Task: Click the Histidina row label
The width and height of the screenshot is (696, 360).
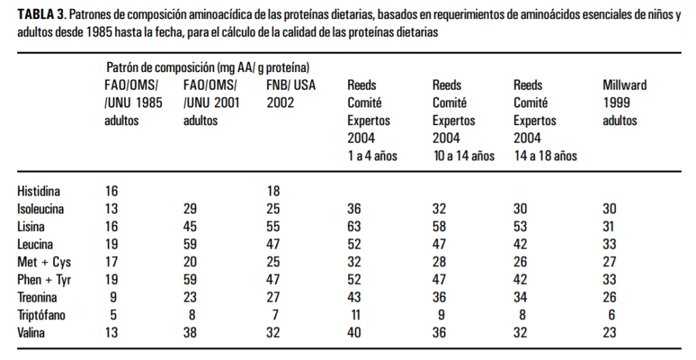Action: [39, 192]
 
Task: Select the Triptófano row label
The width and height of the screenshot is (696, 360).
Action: [41, 315]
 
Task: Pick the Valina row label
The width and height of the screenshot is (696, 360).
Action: [33, 333]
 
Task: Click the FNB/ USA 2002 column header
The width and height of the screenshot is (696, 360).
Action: [291, 94]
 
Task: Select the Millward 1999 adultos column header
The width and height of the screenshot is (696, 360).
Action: [624, 103]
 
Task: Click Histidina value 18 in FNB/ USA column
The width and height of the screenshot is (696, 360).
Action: [273, 192]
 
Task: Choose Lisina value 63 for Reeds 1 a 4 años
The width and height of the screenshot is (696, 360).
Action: [355, 227]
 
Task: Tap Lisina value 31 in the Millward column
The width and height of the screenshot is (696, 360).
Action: [610, 227]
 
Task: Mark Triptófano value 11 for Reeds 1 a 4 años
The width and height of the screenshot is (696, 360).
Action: [355, 315]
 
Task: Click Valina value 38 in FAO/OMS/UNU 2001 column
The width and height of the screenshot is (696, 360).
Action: [191, 333]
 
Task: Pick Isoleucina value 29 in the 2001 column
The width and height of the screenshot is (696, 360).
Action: [191, 209]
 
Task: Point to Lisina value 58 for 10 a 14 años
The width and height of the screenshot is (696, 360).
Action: [440, 227]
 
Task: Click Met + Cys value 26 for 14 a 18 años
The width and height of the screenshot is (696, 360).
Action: [521, 262]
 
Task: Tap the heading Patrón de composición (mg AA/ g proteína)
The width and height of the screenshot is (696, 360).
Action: [208, 67]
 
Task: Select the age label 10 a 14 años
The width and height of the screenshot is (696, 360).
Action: [463, 156]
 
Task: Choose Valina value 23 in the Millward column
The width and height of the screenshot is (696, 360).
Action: [610, 333]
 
